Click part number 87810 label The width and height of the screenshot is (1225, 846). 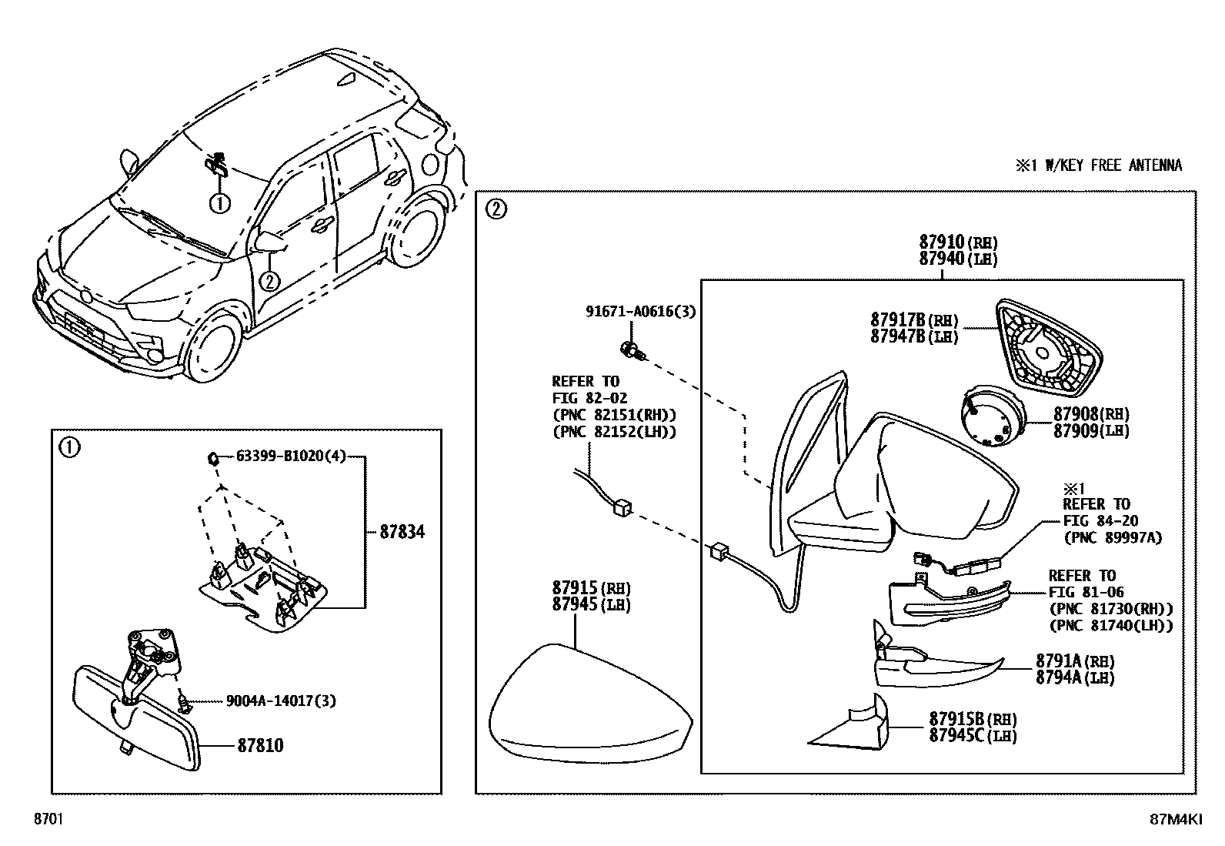pyautogui.click(x=259, y=746)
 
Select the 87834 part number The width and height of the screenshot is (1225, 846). pyautogui.click(x=402, y=532)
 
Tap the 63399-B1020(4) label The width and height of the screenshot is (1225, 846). pyautogui.click(x=290, y=456)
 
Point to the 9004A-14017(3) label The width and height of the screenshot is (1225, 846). pyautogui.click(x=281, y=701)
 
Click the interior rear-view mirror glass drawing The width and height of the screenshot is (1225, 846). pyautogui.click(x=135, y=718)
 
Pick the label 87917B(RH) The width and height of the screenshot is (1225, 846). pyautogui.click(x=914, y=320)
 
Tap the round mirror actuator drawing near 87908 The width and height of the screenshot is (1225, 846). pyautogui.click(x=990, y=416)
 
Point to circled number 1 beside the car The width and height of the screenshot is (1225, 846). pyautogui.click(x=219, y=203)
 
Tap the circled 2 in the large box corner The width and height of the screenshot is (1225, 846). pyautogui.click(x=497, y=209)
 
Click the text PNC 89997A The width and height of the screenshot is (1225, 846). pyautogui.click(x=1111, y=537)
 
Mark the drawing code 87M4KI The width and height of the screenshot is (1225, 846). pyautogui.click(x=1175, y=820)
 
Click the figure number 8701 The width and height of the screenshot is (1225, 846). pyautogui.click(x=47, y=820)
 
